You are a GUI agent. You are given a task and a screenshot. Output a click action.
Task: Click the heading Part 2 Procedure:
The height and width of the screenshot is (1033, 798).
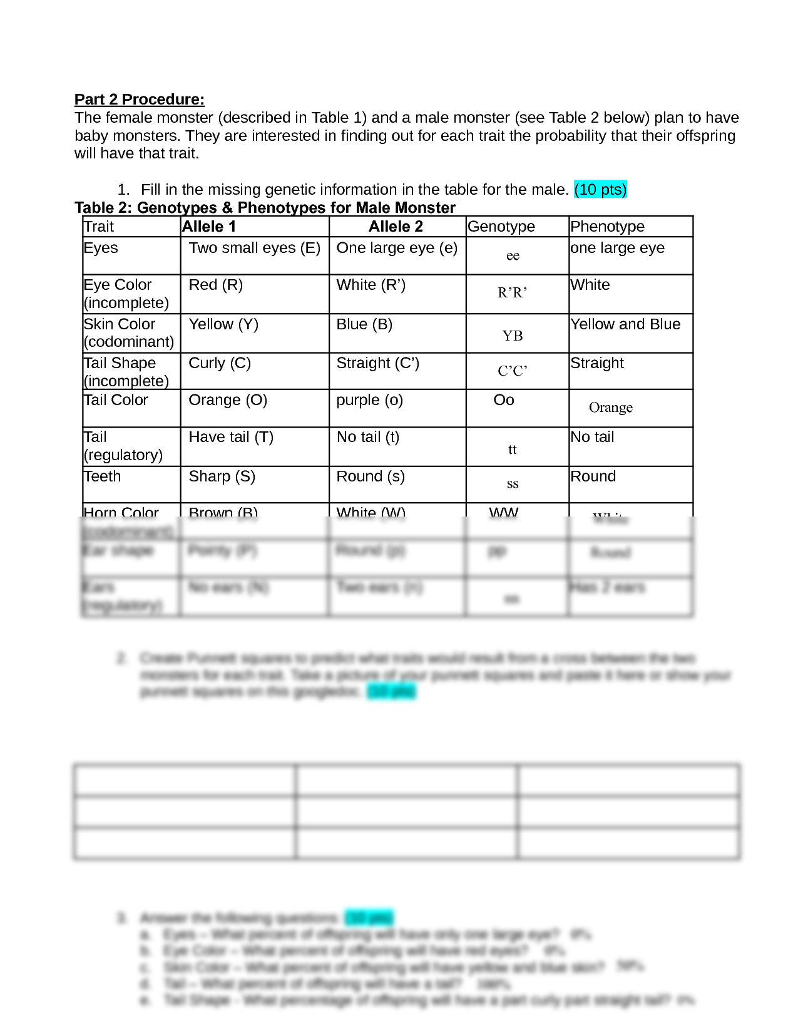[x=139, y=100]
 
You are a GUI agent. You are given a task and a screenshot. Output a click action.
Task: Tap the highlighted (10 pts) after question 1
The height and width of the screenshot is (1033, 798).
[x=600, y=190]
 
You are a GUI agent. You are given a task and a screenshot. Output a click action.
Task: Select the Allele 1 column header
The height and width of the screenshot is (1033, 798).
[x=209, y=227]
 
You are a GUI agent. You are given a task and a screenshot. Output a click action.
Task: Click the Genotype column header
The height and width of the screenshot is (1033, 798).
[x=501, y=227]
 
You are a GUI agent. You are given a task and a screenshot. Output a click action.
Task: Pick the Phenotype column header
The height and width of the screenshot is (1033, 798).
[x=607, y=227]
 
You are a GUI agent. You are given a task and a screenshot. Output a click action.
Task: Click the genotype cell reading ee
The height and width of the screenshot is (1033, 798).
[x=513, y=255]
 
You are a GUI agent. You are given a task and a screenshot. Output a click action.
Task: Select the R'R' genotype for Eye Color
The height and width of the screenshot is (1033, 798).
[x=512, y=292]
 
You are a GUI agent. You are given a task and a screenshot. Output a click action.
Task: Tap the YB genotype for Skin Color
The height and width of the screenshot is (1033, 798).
[x=512, y=336]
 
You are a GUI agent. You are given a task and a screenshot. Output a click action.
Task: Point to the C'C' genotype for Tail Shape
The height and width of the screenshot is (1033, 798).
[x=512, y=371]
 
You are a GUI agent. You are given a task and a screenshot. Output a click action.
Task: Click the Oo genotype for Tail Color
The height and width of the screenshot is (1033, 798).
[x=504, y=400]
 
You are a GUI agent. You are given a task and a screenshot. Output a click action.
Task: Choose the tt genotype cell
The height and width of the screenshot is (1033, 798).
[x=512, y=450]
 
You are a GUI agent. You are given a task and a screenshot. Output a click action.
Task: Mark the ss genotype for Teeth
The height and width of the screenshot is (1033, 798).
[x=512, y=483]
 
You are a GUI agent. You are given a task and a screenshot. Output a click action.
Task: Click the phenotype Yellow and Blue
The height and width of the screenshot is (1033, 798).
[x=625, y=324]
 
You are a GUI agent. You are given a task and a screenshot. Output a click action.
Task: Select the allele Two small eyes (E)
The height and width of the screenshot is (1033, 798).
[x=255, y=248]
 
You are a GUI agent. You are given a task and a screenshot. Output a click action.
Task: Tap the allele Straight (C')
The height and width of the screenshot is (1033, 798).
[x=377, y=363]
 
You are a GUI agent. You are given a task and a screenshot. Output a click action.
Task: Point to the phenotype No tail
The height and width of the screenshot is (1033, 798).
[x=592, y=437]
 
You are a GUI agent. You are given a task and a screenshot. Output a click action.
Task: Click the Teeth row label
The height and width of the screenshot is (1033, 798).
[x=102, y=476]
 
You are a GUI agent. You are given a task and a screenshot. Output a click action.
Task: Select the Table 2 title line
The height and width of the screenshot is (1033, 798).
[x=265, y=208]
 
